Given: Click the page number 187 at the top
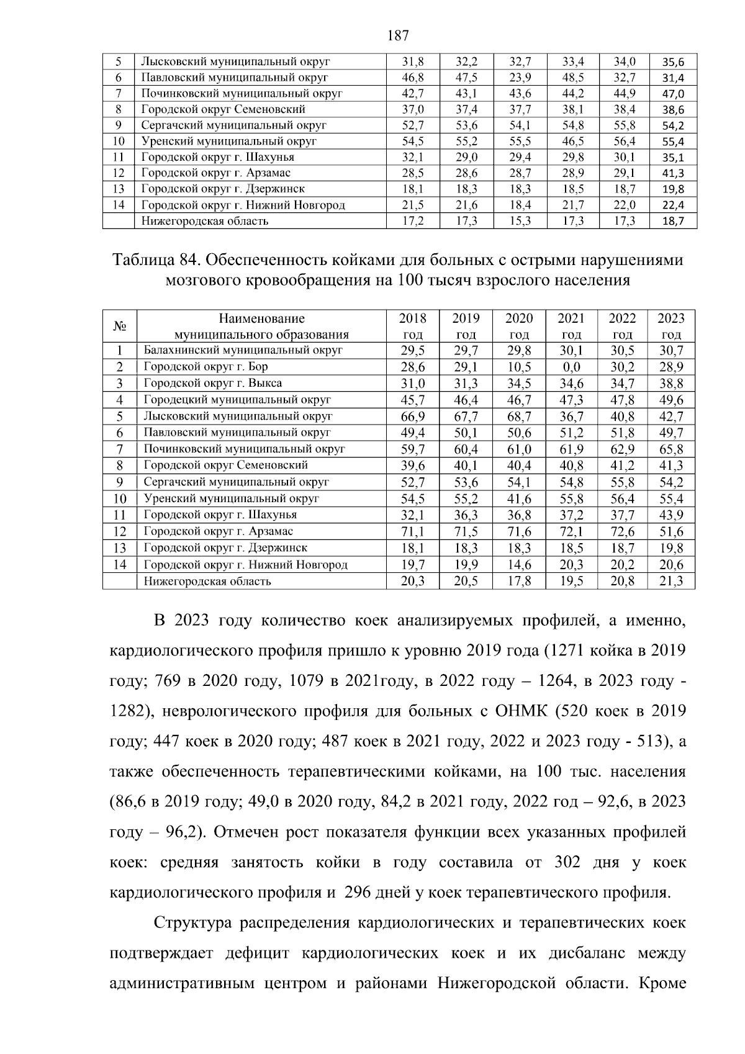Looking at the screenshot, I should [397, 35].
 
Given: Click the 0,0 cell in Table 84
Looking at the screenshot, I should [571, 366].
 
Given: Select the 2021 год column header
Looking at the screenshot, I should [571, 326].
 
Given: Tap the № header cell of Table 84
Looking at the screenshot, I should [120, 326].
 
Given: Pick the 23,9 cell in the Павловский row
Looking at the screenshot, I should [520, 78].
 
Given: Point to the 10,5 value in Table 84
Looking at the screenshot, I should [519, 366].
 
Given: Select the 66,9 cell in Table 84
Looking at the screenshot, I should [413, 416].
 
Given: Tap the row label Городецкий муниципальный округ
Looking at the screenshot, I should [237, 399].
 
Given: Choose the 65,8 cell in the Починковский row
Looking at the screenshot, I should [671, 449].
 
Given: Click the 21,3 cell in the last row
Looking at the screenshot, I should [671, 581].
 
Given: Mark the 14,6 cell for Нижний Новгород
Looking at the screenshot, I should [519, 564].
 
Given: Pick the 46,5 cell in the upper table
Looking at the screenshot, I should [573, 141].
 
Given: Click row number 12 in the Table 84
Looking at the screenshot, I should [120, 531].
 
